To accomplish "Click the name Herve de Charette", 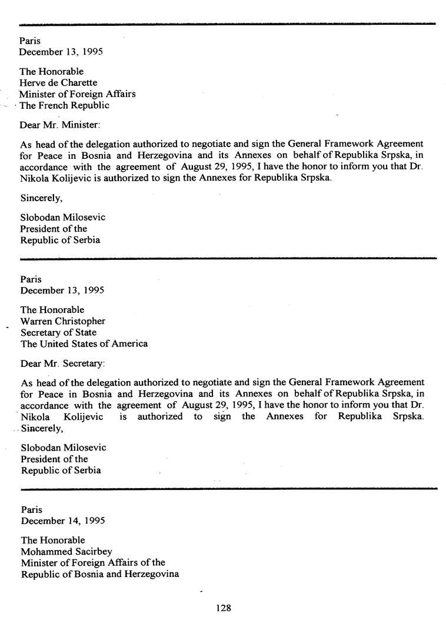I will [58, 83].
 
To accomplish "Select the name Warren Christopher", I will [63, 321].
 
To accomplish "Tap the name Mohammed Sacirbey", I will [66, 552].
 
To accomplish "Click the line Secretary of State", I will [58, 332].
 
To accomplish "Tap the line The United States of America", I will [84, 343].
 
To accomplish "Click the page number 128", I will [224, 608].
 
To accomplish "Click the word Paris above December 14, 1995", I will [32, 509].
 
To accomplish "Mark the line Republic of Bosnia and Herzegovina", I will [100, 574].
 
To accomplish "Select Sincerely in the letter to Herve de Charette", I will [42, 198].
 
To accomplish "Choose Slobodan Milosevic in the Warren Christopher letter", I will [64, 448].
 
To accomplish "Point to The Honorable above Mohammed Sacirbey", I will [53, 540].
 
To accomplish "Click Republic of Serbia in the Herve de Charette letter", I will [60, 240].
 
